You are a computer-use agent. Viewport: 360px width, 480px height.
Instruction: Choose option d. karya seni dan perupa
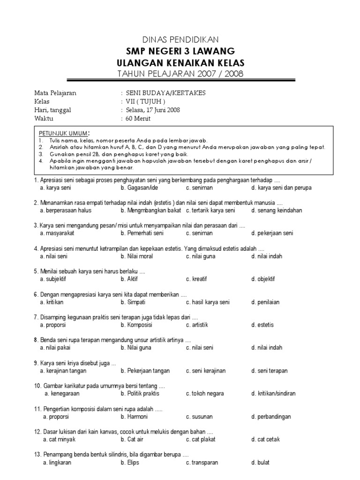[281, 188]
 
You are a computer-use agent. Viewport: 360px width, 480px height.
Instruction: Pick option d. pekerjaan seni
[272, 233]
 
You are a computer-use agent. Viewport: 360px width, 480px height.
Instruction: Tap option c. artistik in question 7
[197, 325]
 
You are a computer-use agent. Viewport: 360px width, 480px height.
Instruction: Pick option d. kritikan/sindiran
[273, 394]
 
